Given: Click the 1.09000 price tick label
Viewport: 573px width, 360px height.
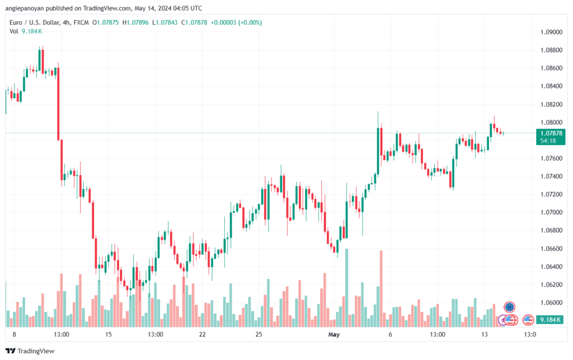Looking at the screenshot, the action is point(551,32).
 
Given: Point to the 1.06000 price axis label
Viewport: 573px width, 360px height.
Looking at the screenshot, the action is point(551,303).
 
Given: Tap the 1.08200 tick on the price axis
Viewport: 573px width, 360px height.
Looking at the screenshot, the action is point(551,105).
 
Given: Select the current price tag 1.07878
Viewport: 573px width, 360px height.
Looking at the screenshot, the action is point(551,133).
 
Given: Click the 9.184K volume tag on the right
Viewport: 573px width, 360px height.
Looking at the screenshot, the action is point(550,320).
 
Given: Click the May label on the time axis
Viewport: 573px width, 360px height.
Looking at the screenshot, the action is point(334,334).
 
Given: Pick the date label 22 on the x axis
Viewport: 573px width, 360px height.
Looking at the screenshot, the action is point(202,334).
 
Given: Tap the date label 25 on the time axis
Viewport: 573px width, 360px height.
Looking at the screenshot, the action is point(259,334).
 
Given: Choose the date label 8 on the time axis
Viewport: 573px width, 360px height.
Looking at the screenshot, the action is point(14,334).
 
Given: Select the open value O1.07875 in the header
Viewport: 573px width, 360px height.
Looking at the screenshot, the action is point(106,22).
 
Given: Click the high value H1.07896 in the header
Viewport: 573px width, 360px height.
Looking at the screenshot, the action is point(135,22).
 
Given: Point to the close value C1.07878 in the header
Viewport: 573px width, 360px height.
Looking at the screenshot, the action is point(194,22).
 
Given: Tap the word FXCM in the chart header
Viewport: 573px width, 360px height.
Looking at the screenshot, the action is point(81,22).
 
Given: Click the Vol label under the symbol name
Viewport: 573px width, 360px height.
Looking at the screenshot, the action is point(14,31).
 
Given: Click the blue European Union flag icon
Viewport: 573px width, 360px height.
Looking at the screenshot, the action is point(509,307).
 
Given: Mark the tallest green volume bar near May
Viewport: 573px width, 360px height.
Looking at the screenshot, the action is point(347,288).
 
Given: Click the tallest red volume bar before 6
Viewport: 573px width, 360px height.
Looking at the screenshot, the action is point(381,289).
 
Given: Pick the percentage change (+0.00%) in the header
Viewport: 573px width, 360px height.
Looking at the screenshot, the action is point(250,22).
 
